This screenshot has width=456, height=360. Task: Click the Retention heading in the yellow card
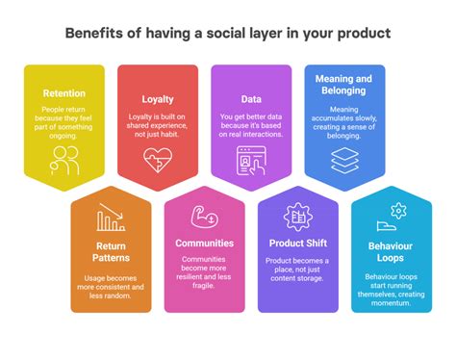click(x=63, y=93)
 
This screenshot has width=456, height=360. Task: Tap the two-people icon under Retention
click(x=63, y=161)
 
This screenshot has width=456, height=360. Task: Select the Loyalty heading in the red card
click(x=157, y=97)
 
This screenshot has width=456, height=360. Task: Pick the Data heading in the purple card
click(x=250, y=97)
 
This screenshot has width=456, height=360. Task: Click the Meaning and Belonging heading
click(x=344, y=86)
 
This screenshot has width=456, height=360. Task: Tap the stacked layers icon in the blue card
click(x=344, y=162)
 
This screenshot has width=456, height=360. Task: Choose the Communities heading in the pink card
click(x=204, y=243)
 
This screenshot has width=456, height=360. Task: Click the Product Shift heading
click(x=297, y=243)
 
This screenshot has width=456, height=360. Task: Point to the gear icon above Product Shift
click(x=297, y=216)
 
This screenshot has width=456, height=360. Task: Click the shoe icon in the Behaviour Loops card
click(x=386, y=228)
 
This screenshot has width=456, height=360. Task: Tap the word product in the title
click(x=365, y=33)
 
